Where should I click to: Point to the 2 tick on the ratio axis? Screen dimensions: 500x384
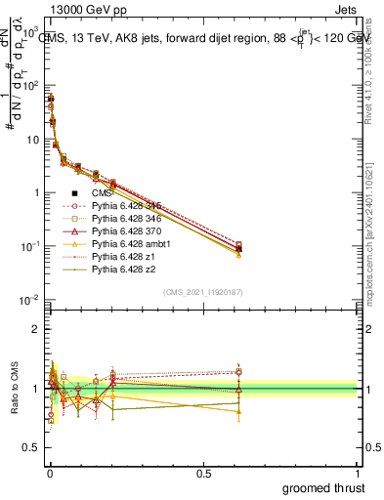(36, 328)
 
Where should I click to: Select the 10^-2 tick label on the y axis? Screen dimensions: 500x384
(30, 300)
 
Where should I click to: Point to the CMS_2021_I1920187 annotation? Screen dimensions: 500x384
(203, 292)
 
